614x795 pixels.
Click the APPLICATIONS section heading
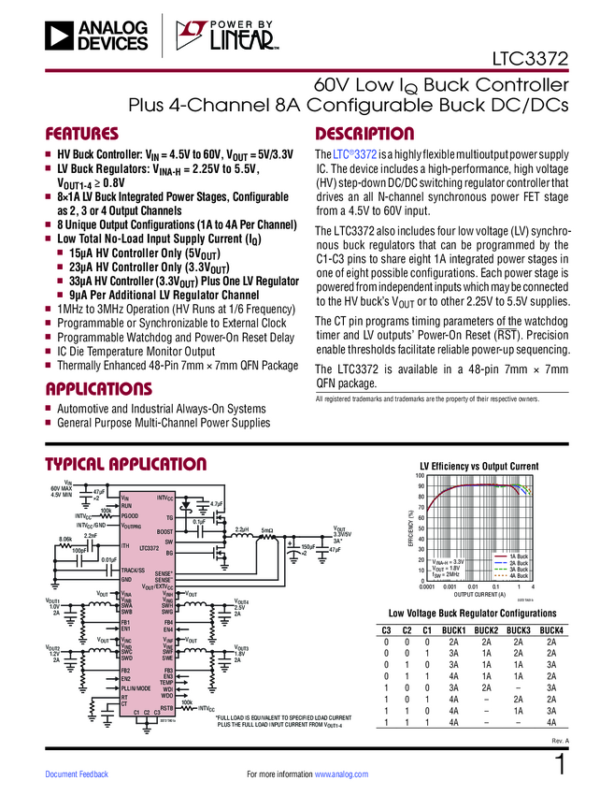pos(98,388)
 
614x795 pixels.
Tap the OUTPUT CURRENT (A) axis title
pos(479,594)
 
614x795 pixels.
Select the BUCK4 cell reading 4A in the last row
pos(551,722)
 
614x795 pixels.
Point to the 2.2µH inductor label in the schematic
pos(241,529)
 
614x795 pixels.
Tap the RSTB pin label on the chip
pos(167,708)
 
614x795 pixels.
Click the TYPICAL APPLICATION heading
pos(126,465)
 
